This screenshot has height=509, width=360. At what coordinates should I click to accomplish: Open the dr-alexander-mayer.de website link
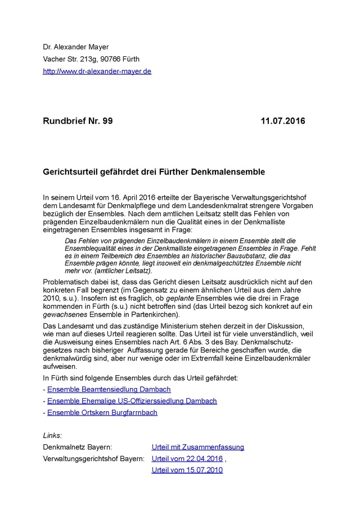(x=97, y=71)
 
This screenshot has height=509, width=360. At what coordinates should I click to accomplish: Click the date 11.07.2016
(x=283, y=121)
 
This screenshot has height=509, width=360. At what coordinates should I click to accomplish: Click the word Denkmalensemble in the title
(x=231, y=170)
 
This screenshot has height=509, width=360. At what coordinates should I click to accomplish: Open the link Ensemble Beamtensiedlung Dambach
(x=109, y=389)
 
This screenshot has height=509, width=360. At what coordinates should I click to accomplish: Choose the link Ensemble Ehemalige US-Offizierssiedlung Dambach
(x=132, y=401)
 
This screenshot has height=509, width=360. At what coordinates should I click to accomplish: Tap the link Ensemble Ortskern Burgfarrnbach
(x=102, y=412)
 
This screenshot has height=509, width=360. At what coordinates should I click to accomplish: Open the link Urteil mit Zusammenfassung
(x=198, y=447)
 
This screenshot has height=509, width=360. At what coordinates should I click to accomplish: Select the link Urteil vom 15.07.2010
(x=187, y=470)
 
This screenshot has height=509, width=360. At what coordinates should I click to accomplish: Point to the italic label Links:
(x=52, y=435)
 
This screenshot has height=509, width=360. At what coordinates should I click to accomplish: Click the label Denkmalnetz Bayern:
(x=77, y=447)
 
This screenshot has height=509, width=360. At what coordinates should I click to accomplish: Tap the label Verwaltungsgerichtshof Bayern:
(x=93, y=458)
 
